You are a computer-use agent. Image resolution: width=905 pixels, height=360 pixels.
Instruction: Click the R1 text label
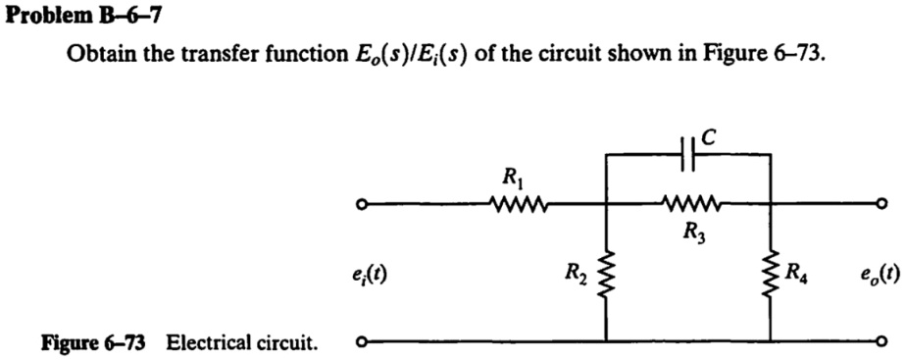512,180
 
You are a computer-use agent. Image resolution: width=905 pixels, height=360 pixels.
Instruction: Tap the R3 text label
692,232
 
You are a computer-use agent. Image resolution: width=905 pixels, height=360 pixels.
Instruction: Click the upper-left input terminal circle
362,205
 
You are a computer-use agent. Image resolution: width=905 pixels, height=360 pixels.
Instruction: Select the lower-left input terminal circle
362,342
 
